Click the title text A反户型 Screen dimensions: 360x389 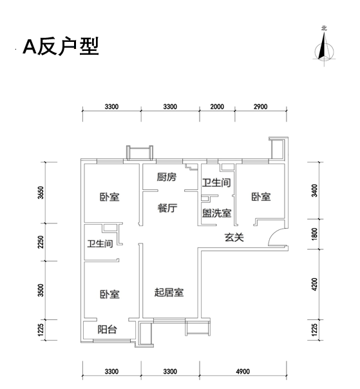click(x=61, y=46)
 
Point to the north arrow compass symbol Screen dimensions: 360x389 click(x=324, y=47)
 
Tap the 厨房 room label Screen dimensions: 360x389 click(x=167, y=177)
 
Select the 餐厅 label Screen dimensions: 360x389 click(x=167, y=208)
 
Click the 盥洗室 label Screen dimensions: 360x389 click(x=216, y=213)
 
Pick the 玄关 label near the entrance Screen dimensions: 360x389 click(x=234, y=238)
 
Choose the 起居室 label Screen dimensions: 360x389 click(x=169, y=292)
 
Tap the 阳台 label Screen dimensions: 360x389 click(x=107, y=330)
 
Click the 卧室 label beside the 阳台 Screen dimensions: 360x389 click(x=109, y=294)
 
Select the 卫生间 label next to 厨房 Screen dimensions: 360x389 click(x=216, y=183)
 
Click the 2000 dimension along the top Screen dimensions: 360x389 click(x=217, y=107)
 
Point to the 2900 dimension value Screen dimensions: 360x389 click(x=261, y=107)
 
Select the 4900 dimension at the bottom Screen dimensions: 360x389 click(x=243, y=372)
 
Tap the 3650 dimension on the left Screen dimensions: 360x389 click(x=41, y=193)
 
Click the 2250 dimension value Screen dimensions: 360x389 click(x=41, y=242)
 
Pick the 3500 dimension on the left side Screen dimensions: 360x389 click(x=41, y=290)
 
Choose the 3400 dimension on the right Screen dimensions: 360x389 click(x=314, y=191)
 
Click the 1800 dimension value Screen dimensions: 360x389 click(x=314, y=234)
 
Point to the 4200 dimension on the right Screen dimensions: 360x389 click(x=314, y=284)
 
